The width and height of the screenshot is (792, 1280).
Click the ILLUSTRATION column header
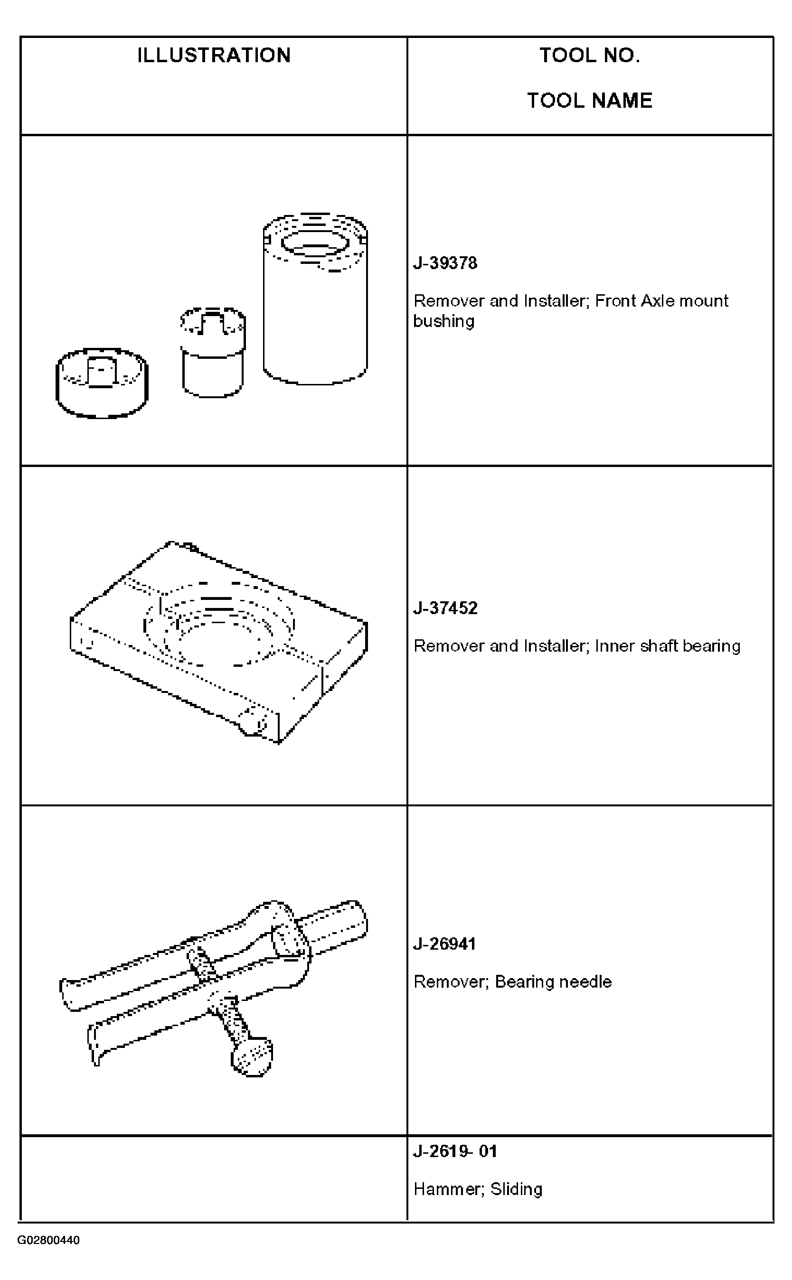pos(214,55)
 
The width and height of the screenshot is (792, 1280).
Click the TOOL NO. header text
pos(590,55)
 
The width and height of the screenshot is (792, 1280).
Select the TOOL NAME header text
pos(590,100)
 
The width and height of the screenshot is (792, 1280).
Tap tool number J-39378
pos(445,263)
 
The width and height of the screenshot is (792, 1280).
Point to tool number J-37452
pos(445,608)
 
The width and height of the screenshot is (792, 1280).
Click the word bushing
pos(443,321)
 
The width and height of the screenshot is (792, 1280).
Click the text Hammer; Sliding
pos(478,1189)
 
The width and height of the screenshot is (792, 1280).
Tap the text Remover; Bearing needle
pos(512,981)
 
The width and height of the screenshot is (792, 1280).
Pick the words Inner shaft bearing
pos(668,646)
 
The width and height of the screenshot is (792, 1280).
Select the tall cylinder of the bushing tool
pos(315,299)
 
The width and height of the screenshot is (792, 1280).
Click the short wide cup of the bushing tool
pos(102,383)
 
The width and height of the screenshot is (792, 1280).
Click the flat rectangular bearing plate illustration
pos(218,642)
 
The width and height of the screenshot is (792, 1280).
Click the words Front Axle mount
pos(661,301)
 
